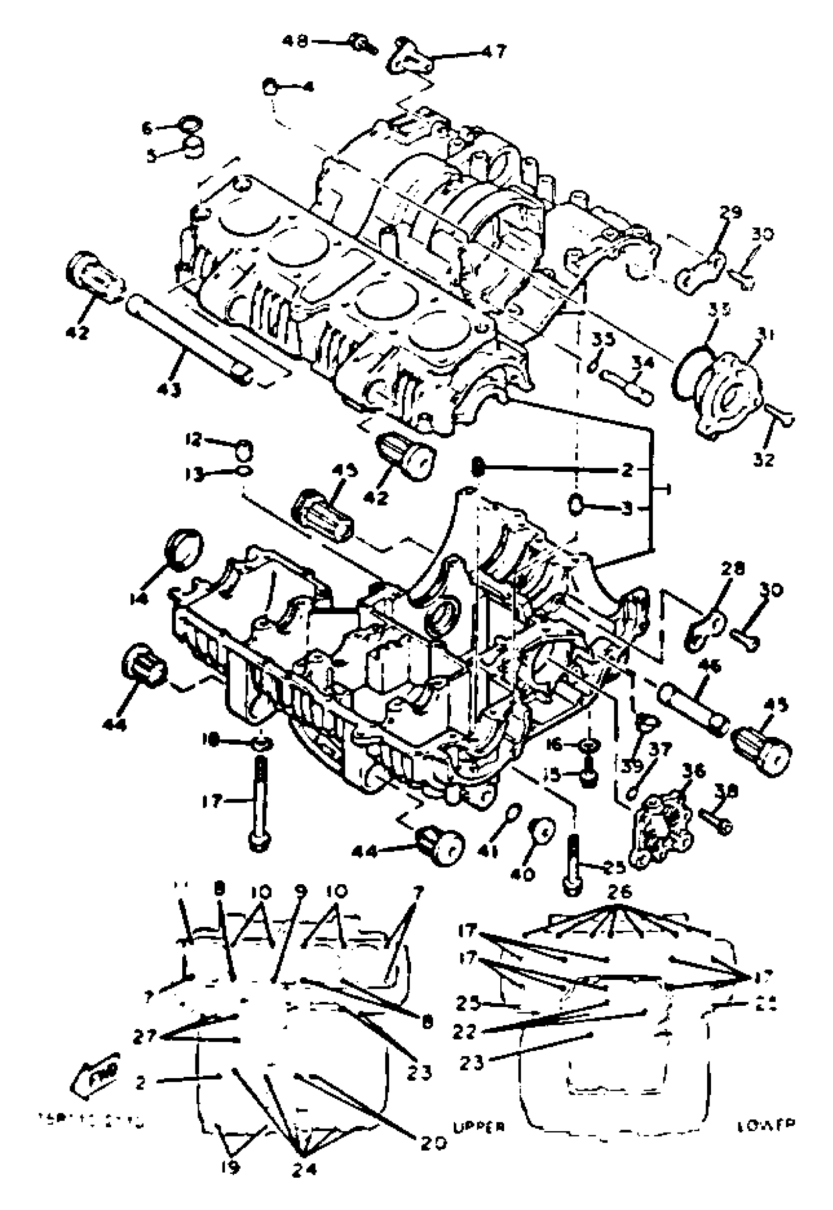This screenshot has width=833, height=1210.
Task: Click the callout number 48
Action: point(296,40)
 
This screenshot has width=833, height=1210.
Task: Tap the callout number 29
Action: point(730,213)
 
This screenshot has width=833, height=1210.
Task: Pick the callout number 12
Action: point(193,440)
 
